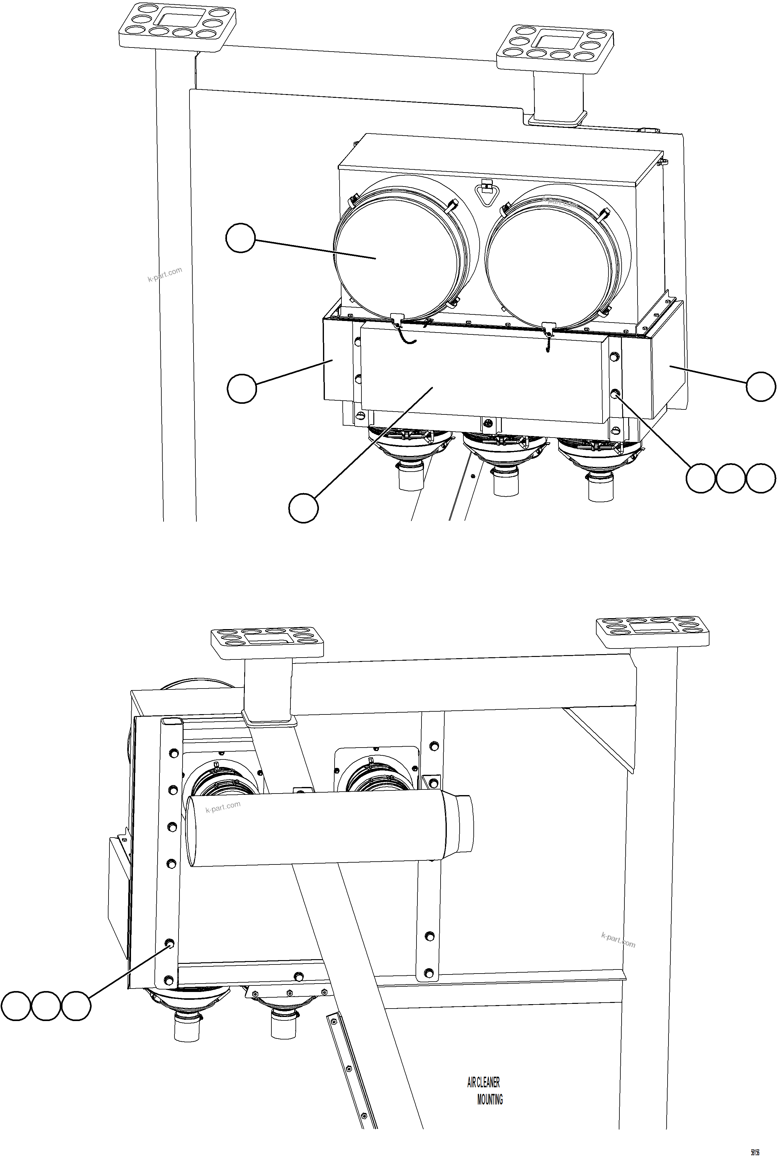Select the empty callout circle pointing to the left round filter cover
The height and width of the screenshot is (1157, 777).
(x=240, y=238)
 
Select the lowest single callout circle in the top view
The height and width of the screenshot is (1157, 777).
(x=303, y=508)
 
